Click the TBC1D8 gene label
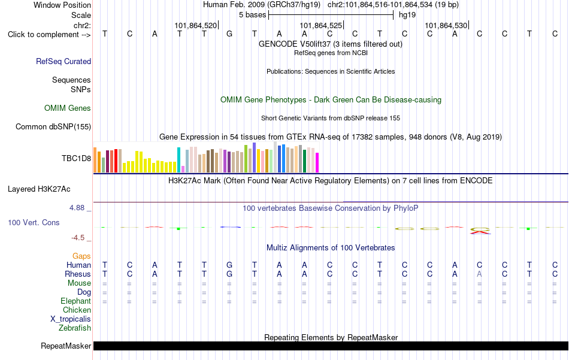[76, 158]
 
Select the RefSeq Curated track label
[63, 61]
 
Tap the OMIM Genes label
[68, 108]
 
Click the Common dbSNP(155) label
[53, 126]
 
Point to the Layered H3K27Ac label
[39, 189]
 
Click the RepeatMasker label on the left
[66, 346]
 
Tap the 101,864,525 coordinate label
[321, 25]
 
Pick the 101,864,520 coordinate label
[196, 25]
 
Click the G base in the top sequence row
[229, 34]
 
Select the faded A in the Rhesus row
[479, 274]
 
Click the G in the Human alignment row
[229, 265]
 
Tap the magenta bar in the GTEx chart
[317, 162]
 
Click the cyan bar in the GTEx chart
[178, 160]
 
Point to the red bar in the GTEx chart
[116, 161]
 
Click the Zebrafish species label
[75, 328]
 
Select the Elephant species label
[76, 301]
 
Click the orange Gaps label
[81, 256]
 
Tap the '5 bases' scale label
[252, 15]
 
